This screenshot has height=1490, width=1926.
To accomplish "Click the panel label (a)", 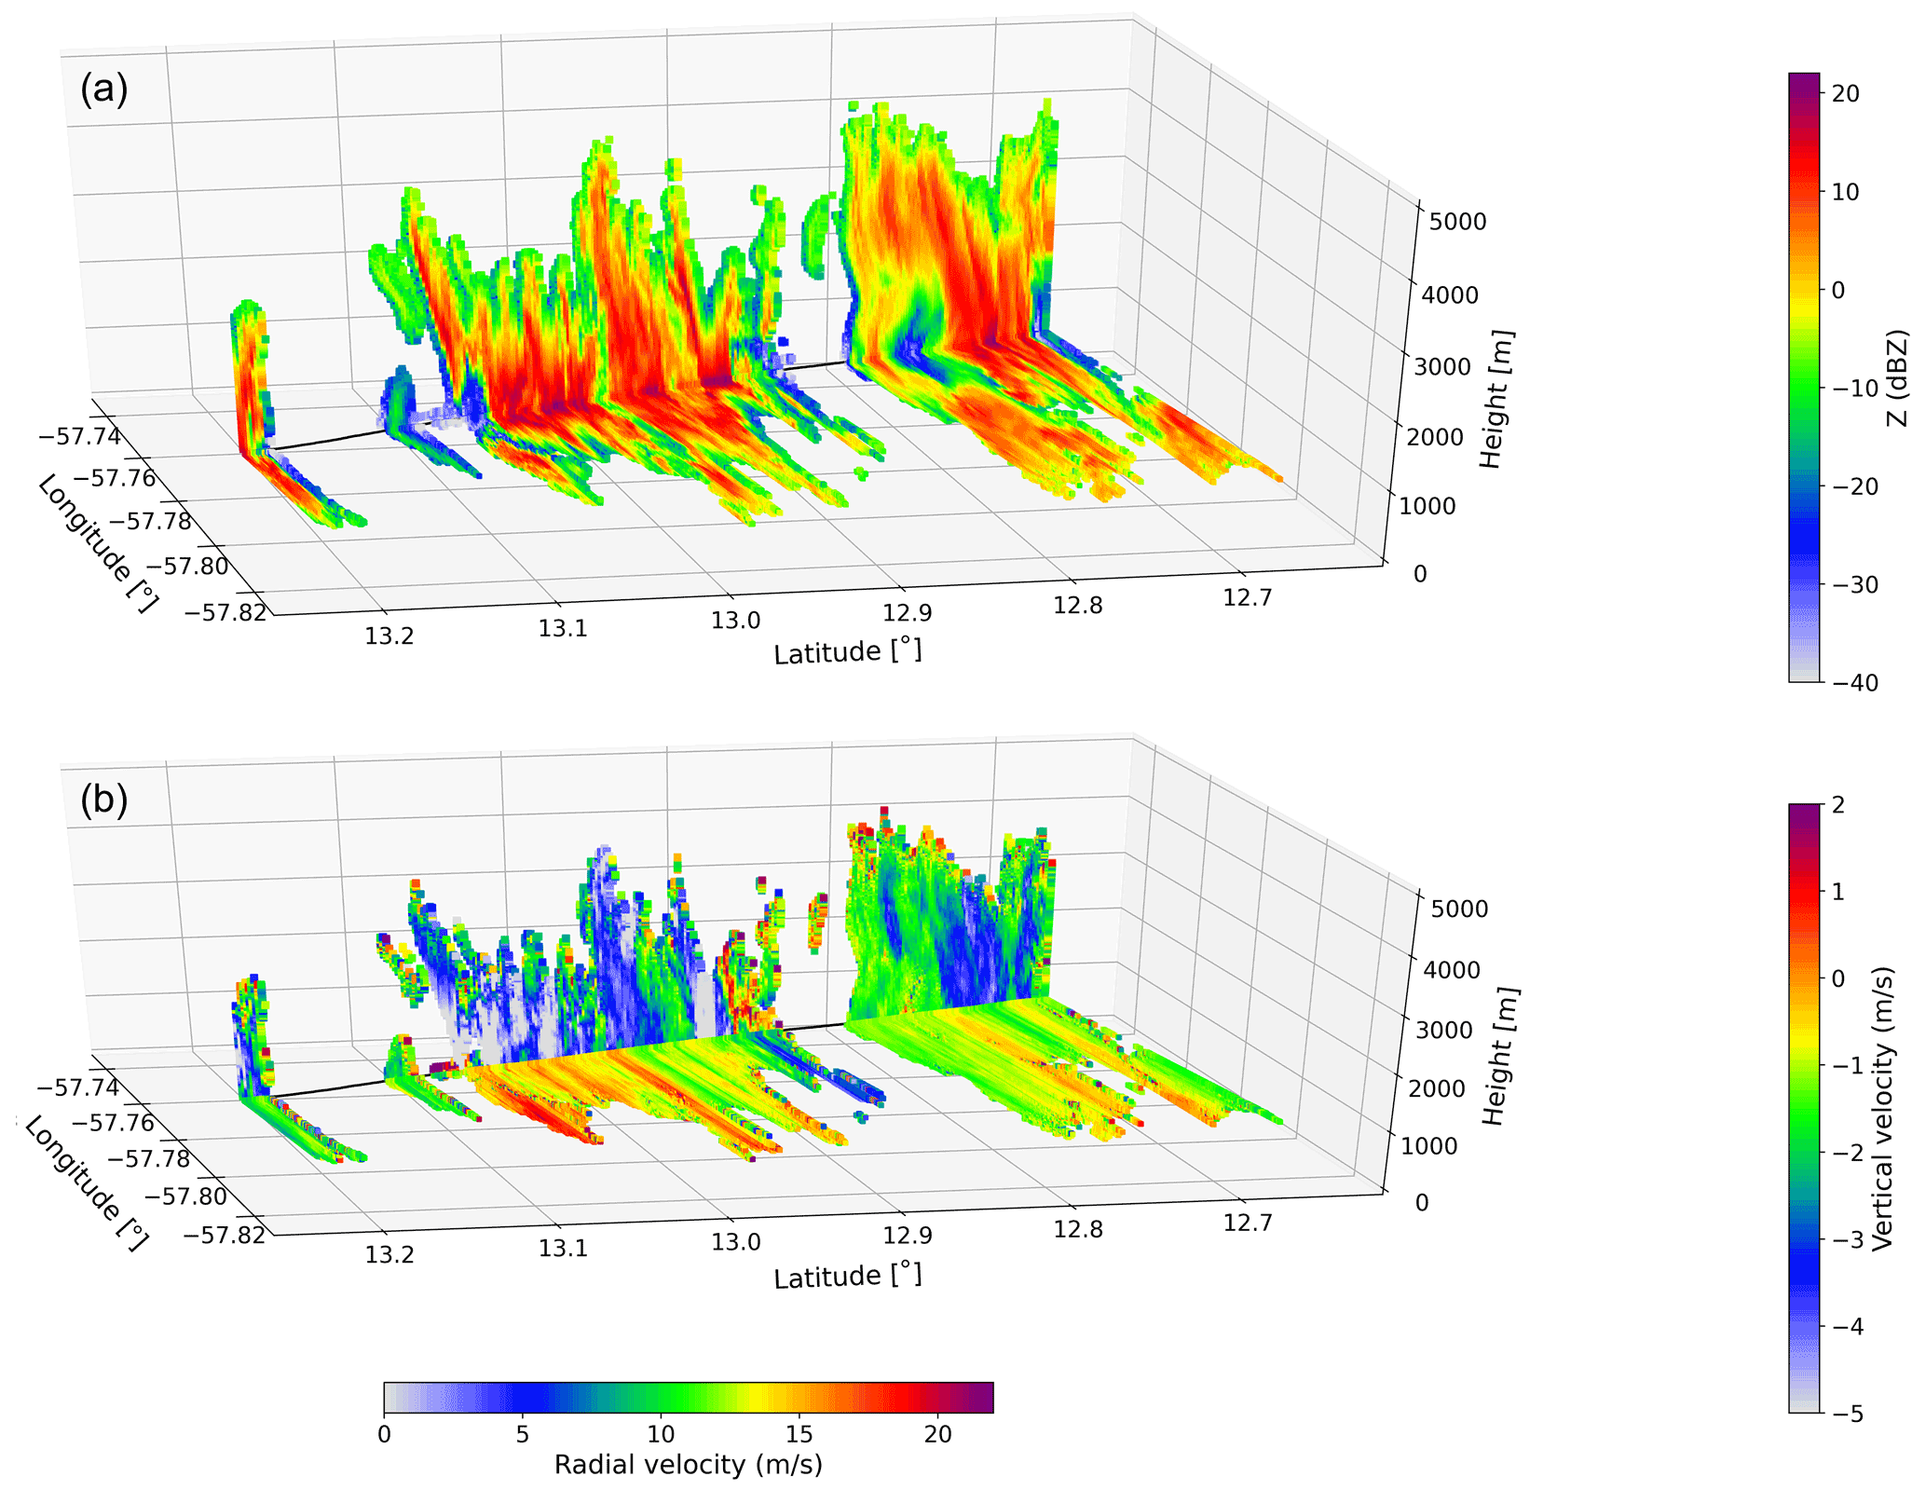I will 103,89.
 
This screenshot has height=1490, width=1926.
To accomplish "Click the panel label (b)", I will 103,800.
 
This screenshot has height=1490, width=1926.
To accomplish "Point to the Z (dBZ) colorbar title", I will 1896,378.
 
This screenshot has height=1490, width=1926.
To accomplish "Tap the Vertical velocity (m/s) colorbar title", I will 1883,1108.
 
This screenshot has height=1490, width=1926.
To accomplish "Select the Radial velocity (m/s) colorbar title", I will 688,1464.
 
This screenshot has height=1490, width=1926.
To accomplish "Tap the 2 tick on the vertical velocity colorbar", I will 1838,804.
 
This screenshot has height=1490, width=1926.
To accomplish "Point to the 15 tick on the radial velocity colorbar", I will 799,1434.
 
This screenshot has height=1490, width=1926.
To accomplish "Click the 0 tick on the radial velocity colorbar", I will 384,1434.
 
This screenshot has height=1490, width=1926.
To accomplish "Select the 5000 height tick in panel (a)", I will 1458,222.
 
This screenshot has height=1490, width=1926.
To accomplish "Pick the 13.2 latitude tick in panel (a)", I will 389,636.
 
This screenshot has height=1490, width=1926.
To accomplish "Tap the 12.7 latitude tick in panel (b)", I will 1247,1223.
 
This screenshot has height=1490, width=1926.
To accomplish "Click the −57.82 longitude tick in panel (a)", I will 225,612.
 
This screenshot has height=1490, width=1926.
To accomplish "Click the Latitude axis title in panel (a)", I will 847,651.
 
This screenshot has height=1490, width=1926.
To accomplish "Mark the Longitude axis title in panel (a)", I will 96,544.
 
